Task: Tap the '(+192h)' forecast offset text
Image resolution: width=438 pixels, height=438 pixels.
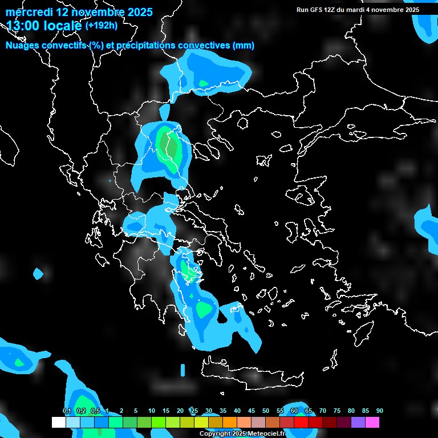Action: [102, 26]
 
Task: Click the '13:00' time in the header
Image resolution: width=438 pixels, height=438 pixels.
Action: [22, 26]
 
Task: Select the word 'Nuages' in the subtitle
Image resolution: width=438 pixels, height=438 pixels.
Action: [21, 45]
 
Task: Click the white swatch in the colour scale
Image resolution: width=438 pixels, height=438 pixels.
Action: [59, 422]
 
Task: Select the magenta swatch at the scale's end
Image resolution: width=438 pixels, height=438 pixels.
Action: [372, 422]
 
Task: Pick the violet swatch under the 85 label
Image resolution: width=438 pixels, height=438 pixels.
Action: [358, 422]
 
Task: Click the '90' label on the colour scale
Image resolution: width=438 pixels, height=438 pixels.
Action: [379, 411]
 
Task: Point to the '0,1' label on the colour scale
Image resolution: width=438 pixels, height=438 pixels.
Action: [66, 411]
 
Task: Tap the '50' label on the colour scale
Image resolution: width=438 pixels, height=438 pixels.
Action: [266, 411]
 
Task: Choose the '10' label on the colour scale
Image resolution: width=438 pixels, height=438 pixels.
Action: [152, 411]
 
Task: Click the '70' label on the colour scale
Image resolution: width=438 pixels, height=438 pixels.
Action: [323, 411]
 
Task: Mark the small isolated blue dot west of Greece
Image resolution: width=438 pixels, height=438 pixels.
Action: [38, 274]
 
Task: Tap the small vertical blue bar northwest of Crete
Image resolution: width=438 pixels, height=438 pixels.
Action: [182, 370]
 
